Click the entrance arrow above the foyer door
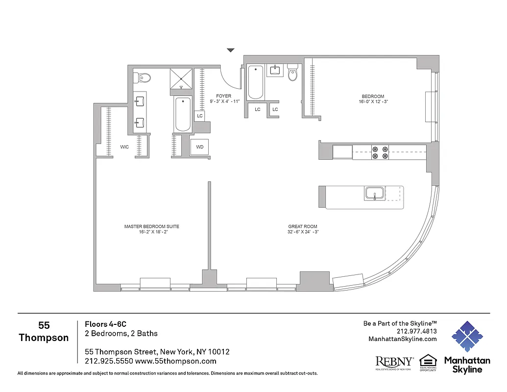(231, 50)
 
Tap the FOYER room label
(223, 96)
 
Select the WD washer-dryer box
(200, 147)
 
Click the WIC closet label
(124, 147)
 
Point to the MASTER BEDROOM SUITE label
(151, 226)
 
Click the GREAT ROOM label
(303, 226)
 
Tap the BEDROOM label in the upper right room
(372, 97)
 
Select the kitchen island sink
(375, 194)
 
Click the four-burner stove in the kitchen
(380, 152)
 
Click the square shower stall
(181, 79)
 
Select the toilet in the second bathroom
(293, 73)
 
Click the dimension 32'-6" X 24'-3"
(303, 232)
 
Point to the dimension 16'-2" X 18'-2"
(151, 232)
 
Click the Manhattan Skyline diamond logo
(467, 337)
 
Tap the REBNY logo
(394, 363)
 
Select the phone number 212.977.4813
(417, 331)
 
